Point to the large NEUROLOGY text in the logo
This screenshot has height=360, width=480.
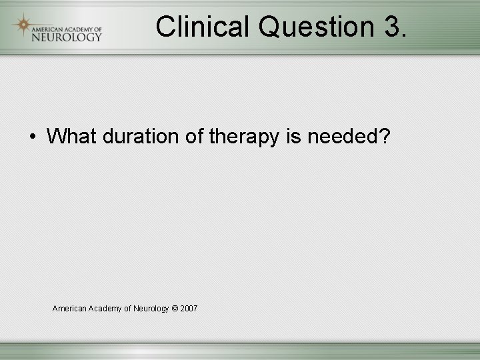point(66,37)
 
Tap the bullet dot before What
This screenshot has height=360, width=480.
point(33,137)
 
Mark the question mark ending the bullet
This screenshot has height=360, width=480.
point(384,137)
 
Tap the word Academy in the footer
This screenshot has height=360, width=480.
point(106,309)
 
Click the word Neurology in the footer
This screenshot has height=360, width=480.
point(151,309)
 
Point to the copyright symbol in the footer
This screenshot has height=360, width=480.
point(175,309)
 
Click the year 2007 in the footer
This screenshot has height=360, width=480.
point(189,309)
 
